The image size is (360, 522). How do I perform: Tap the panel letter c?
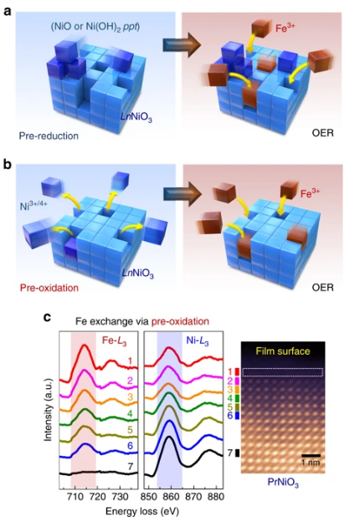[x=47, y=317]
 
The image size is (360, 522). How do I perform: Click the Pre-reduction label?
[x=49, y=136]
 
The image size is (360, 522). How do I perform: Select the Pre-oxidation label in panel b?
[x=49, y=288]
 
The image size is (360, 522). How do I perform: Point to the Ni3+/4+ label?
[x=33, y=206]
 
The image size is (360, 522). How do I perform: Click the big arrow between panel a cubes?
[x=182, y=45]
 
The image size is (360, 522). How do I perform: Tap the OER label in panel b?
[x=322, y=287]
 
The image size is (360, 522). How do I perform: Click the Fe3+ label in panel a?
[x=285, y=28]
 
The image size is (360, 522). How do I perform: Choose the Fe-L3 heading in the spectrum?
[x=114, y=341]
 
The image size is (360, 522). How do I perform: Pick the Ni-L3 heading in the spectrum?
[x=197, y=341]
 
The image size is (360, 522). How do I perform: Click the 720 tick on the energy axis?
[x=97, y=497]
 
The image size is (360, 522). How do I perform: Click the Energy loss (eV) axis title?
[x=141, y=511]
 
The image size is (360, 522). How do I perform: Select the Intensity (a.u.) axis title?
[x=49, y=410]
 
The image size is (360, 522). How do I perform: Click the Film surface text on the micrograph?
[x=283, y=351]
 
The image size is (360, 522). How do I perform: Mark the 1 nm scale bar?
[x=311, y=455]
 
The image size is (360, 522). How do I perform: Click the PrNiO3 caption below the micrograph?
[x=283, y=483]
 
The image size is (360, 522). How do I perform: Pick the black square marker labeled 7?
[x=238, y=453]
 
